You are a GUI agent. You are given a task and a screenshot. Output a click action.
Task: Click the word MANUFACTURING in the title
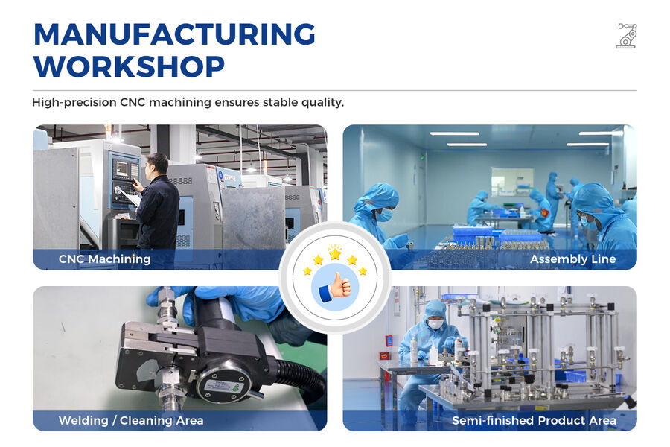pos(174,35)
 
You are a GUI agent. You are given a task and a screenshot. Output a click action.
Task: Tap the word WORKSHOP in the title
pos(129,67)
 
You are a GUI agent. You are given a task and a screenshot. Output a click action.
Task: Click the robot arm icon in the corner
pos(626,36)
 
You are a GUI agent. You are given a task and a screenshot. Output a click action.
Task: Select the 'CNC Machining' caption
pos(104,259)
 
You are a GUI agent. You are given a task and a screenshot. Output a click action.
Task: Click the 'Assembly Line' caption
pos(572,259)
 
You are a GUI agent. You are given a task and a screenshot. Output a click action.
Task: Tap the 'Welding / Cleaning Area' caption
pos(131,421)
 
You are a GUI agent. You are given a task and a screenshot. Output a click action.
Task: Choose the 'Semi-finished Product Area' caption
pos(534,421)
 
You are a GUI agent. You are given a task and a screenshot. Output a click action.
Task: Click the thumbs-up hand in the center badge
pos(334,286)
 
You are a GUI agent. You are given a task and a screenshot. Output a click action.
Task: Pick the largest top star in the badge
pos(335,254)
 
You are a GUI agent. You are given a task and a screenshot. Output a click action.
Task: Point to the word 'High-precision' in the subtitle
pos(74,102)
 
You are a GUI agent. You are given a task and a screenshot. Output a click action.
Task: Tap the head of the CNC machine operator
pos(156,163)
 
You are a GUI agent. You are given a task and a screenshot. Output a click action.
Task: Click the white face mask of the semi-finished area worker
pos(435,324)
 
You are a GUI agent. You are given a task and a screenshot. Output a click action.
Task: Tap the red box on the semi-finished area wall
pos(389,340)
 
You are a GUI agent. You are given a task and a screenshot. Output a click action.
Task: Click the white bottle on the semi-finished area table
pos(433,355)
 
